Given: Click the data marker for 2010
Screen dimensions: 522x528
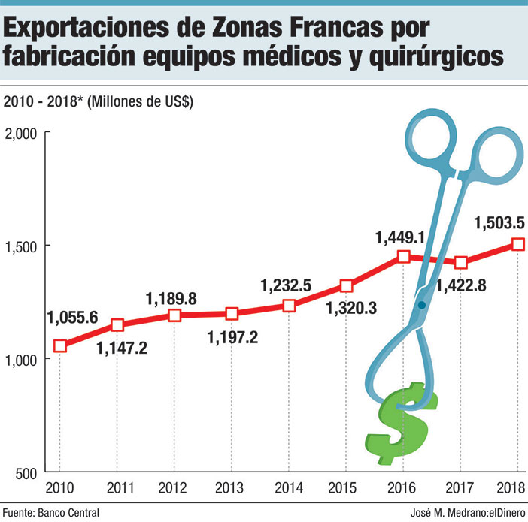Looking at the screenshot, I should [60, 345].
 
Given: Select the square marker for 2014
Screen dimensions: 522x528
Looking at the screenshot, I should [289, 306].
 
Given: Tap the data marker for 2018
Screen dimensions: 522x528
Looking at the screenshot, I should [518, 244].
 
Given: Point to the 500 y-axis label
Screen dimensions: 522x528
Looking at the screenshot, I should [26, 472].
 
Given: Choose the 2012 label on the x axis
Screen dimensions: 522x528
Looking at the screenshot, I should [174, 487].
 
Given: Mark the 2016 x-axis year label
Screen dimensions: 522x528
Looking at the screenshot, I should [404, 487].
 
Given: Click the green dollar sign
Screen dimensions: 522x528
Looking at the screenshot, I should [396, 424].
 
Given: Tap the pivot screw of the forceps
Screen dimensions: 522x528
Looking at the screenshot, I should [422, 305].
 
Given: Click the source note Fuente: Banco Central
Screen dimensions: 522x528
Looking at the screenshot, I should [51, 512].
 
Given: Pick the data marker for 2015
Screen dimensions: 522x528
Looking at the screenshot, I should [347, 286].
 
